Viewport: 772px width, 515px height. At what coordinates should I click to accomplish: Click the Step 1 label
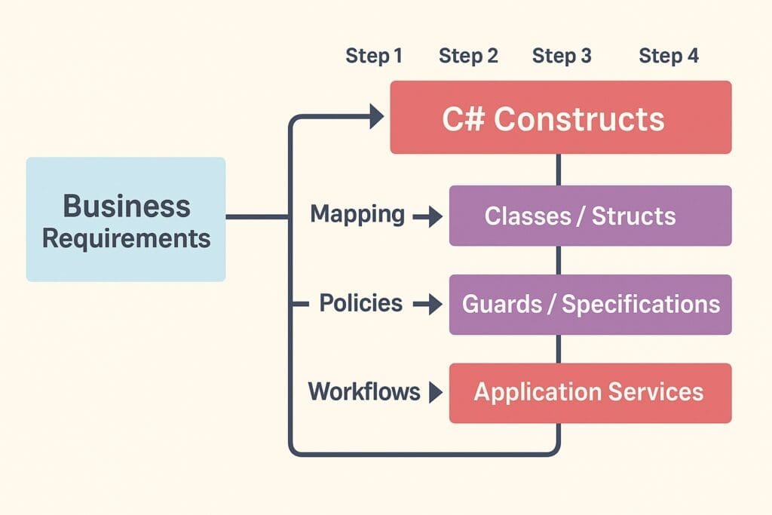374,56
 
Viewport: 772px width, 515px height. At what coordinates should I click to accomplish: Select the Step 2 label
468,56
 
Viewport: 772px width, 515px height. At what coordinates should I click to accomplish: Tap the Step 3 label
562,56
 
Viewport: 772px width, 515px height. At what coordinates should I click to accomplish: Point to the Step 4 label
669,56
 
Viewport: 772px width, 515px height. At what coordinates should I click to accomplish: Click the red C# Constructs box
560,118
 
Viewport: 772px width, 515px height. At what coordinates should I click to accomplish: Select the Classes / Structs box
590,216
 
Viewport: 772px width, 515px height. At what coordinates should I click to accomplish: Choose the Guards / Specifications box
590,305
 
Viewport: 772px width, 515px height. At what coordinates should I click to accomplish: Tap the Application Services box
590,393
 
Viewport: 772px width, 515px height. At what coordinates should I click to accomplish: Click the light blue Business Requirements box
126,219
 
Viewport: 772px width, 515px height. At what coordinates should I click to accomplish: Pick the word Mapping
357,215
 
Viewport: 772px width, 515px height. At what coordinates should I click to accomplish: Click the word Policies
360,303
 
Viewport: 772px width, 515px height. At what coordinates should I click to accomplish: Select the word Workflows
364,391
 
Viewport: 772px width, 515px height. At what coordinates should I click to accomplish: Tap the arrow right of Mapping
428,217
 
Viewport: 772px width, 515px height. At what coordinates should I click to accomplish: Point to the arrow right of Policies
428,305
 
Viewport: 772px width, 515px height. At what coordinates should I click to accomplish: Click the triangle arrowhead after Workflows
434,392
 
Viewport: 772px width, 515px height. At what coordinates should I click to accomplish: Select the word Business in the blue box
127,205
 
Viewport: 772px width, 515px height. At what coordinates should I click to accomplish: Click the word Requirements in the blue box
127,238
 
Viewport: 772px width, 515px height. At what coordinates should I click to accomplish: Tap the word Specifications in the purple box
641,305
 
